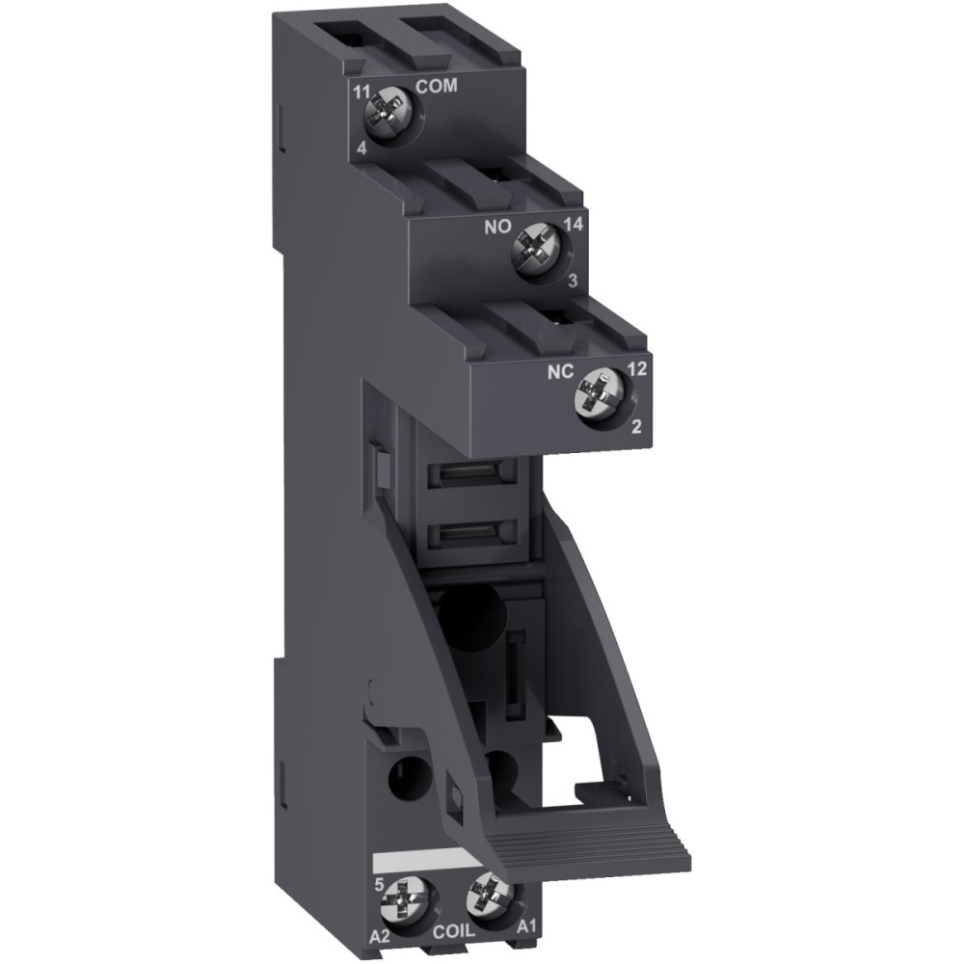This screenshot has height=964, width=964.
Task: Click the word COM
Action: (436, 87)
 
